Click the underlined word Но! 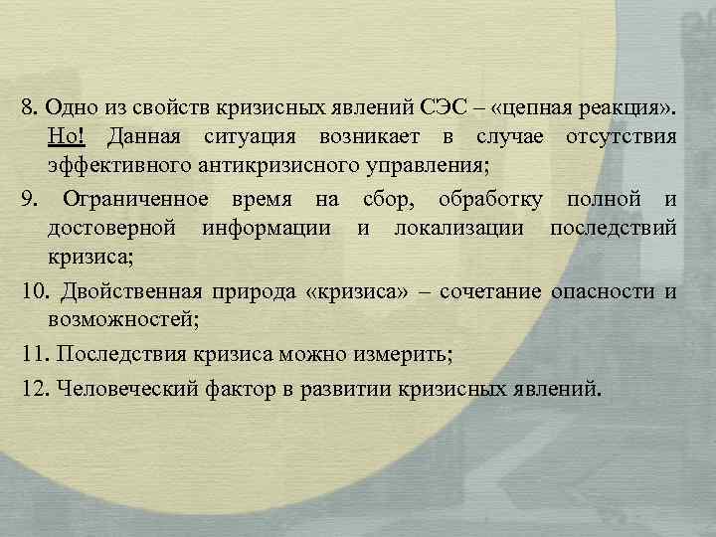pyautogui.click(x=67, y=134)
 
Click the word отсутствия pyautogui.click(x=623, y=134)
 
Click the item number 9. pyautogui.click(x=27, y=201)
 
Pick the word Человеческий pyautogui.click(x=118, y=387)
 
